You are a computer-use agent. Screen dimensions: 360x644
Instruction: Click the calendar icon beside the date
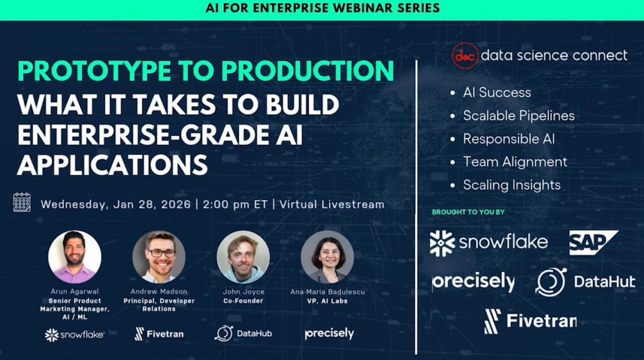tap(22, 202)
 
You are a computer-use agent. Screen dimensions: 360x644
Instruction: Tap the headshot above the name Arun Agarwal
tap(75, 256)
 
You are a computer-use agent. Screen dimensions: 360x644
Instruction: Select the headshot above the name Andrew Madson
tap(159, 256)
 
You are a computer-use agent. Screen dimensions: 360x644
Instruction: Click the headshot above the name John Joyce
tap(243, 256)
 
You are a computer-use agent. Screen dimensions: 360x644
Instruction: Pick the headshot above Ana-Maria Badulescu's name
tap(327, 256)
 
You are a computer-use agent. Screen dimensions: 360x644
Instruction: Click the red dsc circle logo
tap(465, 55)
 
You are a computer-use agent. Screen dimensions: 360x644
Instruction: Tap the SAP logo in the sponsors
tap(593, 242)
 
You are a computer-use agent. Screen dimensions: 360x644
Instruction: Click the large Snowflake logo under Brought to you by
tap(489, 243)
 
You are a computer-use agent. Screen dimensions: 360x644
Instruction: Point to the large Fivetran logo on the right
tap(530, 322)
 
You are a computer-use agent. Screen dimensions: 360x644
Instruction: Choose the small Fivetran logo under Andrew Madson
tap(159, 334)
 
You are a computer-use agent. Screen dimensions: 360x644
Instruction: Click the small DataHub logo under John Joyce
tap(243, 333)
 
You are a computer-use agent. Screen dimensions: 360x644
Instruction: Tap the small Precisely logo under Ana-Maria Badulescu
tap(329, 334)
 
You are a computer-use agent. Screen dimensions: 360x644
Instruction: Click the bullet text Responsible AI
tap(509, 138)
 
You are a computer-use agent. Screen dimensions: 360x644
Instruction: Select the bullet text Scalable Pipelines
tap(518, 115)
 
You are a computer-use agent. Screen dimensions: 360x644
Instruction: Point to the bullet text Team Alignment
tap(515, 162)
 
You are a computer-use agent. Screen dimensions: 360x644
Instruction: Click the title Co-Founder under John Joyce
tap(243, 301)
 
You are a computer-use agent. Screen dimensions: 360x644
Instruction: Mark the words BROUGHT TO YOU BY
tap(468, 212)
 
